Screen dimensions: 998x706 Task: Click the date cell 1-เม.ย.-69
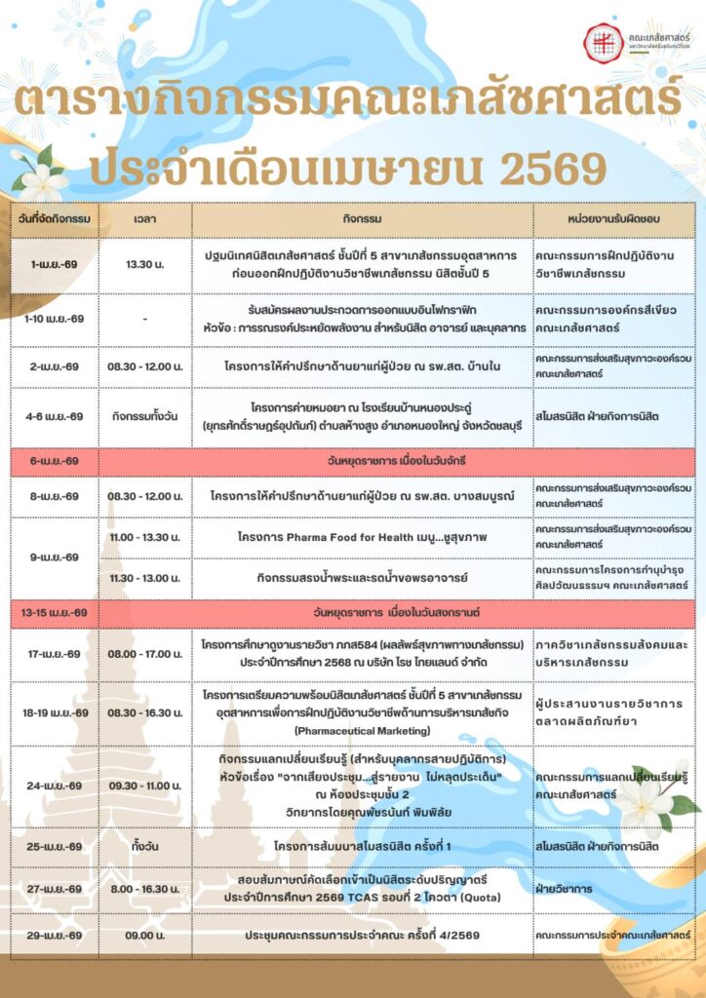(55, 263)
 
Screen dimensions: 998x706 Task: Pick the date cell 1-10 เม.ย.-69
(55, 319)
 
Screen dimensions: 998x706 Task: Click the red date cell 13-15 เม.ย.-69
(55, 612)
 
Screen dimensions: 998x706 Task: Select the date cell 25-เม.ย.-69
(55, 846)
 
